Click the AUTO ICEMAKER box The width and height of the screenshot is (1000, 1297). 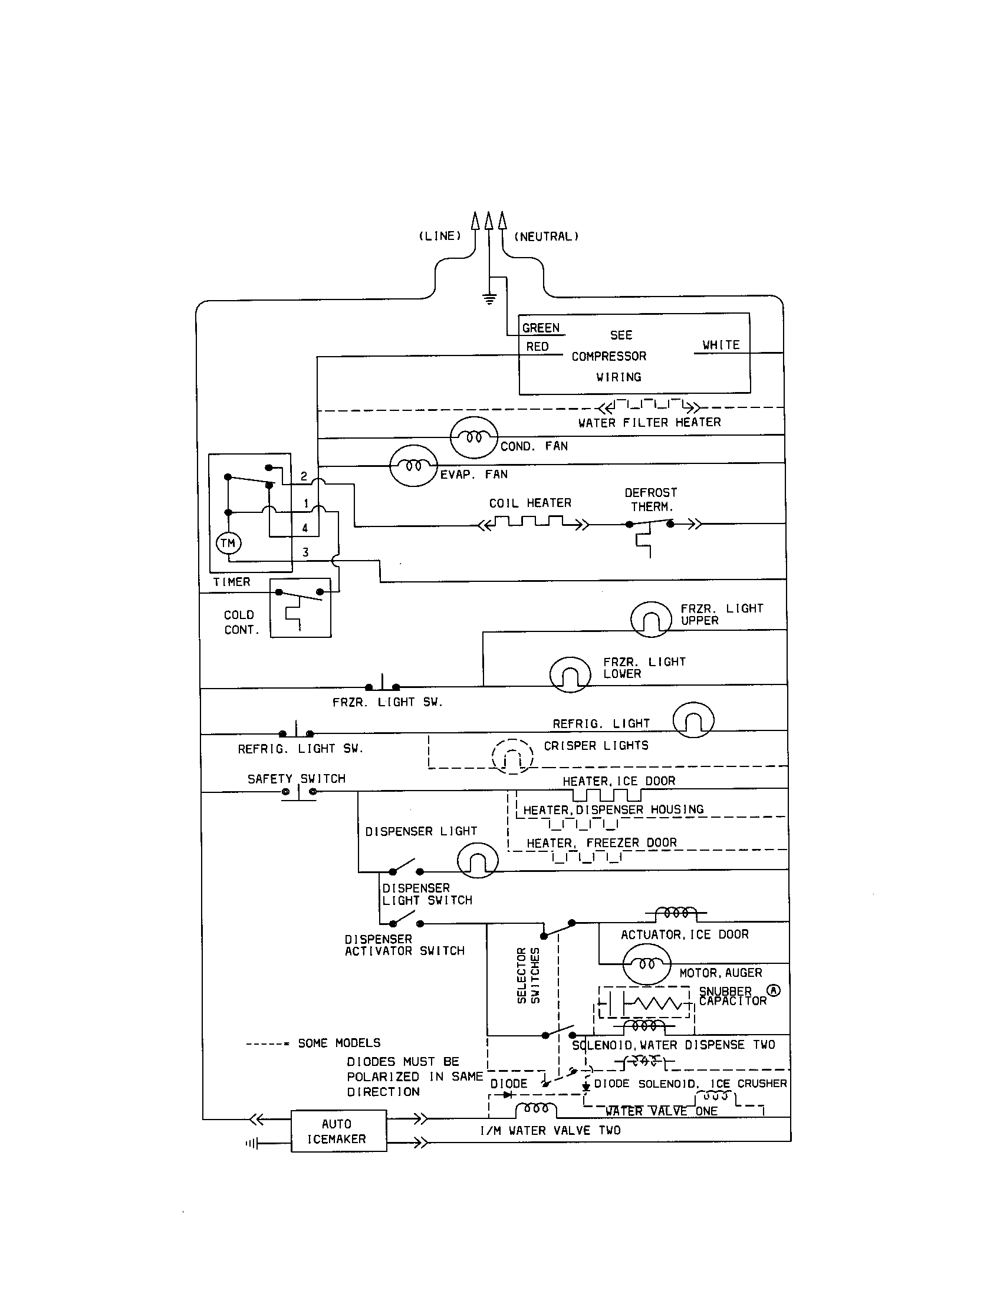(338, 1131)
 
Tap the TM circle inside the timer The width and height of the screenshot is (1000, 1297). (228, 543)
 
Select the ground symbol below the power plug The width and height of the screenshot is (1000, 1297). (489, 299)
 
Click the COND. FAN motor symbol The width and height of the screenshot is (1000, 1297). (473, 437)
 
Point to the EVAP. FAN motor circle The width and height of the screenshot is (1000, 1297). (413, 466)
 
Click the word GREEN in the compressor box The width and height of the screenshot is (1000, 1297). (540, 328)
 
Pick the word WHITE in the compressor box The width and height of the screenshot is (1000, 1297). (721, 345)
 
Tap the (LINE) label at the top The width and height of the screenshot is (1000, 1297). (440, 236)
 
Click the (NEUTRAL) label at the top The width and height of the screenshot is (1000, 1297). (546, 236)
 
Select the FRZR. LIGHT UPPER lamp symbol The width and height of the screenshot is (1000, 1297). (651, 619)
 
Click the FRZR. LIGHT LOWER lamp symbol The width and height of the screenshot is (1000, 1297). (570, 674)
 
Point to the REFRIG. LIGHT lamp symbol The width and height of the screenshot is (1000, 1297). (693, 720)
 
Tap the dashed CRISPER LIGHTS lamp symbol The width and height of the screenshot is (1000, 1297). (512, 756)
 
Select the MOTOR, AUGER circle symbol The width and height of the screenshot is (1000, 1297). (646, 964)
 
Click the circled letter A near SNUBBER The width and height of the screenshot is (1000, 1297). (774, 990)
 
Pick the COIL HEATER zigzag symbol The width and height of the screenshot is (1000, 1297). (532, 523)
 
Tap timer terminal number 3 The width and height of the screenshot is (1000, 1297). (306, 552)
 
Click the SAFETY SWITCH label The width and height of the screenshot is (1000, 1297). (297, 779)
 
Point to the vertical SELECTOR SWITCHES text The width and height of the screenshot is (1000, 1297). (528, 975)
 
